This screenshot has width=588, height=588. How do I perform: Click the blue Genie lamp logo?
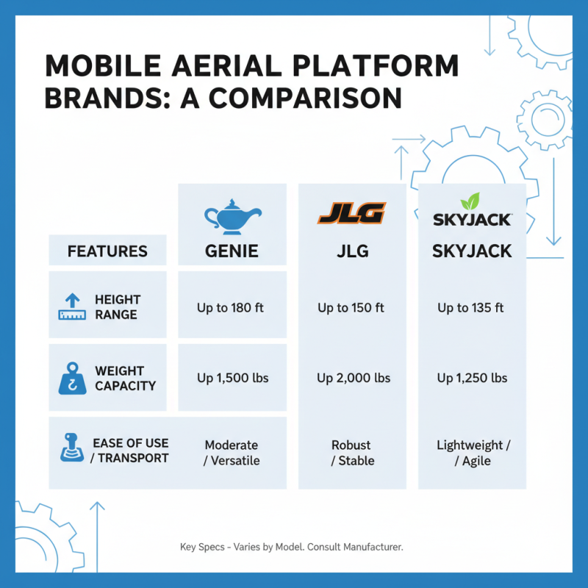(x=232, y=215)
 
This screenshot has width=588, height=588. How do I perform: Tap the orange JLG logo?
(x=351, y=214)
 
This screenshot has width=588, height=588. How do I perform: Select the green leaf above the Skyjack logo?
(x=471, y=201)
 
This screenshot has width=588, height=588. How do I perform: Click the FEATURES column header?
(x=107, y=251)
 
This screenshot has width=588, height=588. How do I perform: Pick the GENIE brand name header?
(x=232, y=251)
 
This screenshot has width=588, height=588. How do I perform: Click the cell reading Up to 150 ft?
(x=351, y=308)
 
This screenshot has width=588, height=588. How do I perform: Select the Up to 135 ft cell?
(x=471, y=308)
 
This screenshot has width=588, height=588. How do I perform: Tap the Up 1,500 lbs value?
(x=232, y=378)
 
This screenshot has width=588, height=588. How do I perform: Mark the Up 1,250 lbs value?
(x=472, y=378)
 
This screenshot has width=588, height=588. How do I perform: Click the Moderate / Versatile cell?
(x=232, y=453)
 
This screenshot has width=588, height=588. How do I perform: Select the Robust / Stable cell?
(x=351, y=453)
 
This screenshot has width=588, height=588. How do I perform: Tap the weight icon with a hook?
(x=72, y=378)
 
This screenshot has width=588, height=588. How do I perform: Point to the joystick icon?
(x=72, y=449)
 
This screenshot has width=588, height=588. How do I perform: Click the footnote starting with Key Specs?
(x=292, y=548)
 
